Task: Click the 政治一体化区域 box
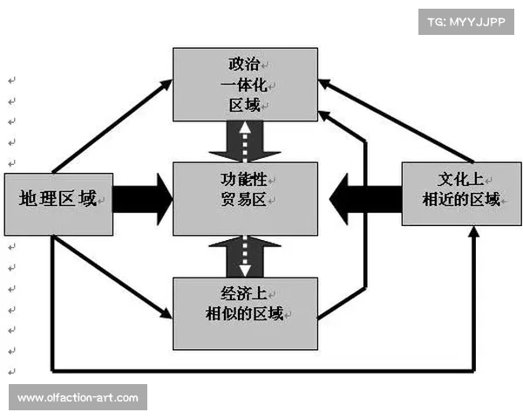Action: pos(245,85)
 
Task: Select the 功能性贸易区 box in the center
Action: pos(243,198)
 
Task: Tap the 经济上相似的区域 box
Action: pos(245,313)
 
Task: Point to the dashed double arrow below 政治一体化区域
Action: pos(245,140)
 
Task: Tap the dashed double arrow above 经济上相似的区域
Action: pos(245,258)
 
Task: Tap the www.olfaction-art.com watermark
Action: pos(78,398)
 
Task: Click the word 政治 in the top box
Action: pos(243,65)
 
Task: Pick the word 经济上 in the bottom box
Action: pos(245,293)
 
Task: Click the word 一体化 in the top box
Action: pos(243,86)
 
